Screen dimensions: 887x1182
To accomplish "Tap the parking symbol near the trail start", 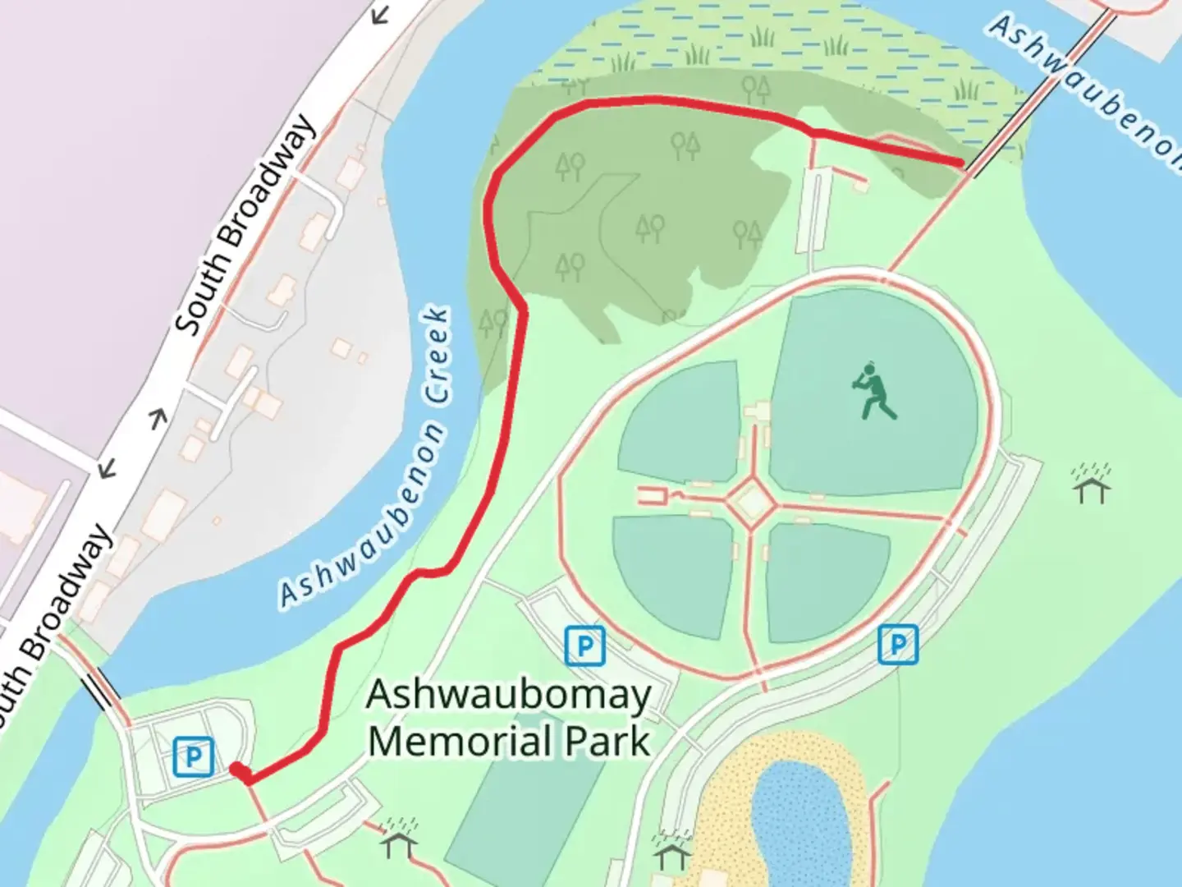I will [194, 756].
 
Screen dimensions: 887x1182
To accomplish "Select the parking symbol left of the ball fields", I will [584, 646].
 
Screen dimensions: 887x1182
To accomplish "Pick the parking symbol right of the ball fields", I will [897, 644].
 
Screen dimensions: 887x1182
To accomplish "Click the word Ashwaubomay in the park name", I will [508, 696].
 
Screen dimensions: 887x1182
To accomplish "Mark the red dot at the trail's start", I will [236, 770].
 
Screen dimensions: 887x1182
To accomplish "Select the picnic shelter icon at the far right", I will [1091, 484].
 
